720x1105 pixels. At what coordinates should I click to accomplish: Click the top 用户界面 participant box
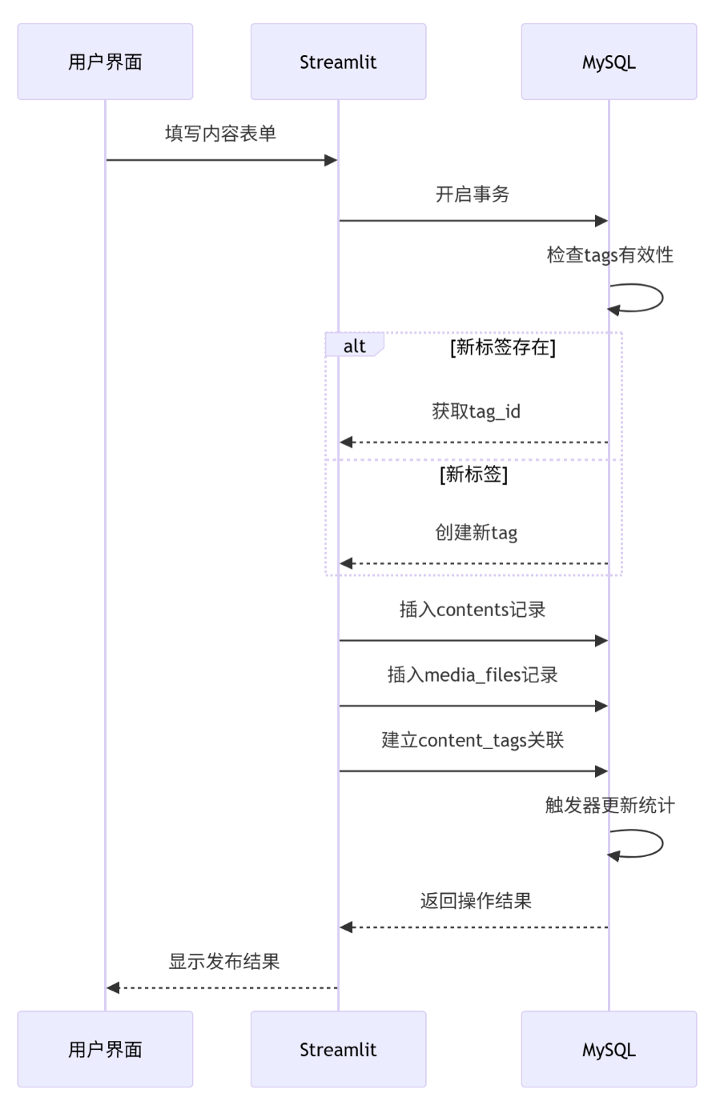coord(105,62)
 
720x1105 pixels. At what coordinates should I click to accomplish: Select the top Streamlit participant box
coord(338,62)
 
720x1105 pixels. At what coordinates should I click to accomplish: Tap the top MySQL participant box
coord(609,62)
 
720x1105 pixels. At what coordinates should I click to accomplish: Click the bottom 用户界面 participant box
coord(105,1049)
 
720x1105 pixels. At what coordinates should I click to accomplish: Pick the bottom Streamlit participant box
coord(338,1049)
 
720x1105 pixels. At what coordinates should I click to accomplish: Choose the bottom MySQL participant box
coord(609,1049)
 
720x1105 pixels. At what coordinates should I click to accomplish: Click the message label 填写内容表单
coord(220,134)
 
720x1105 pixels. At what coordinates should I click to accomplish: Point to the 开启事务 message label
coord(473,194)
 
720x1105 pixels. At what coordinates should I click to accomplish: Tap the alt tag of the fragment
coord(354,346)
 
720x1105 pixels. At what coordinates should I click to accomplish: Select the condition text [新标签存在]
coord(503,346)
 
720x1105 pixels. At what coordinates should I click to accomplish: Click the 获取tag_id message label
coord(476,411)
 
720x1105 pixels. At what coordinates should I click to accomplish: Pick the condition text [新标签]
coord(473,474)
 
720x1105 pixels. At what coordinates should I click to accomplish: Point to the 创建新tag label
coord(476,533)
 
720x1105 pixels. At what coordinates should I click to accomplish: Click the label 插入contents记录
coord(473,610)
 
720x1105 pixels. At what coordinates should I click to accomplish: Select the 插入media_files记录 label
coord(473,675)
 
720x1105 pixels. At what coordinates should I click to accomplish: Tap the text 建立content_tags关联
coord(473,740)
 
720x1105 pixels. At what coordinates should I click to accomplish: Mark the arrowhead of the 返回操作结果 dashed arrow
coord(346,927)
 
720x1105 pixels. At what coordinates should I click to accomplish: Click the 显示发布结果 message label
coord(224,962)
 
